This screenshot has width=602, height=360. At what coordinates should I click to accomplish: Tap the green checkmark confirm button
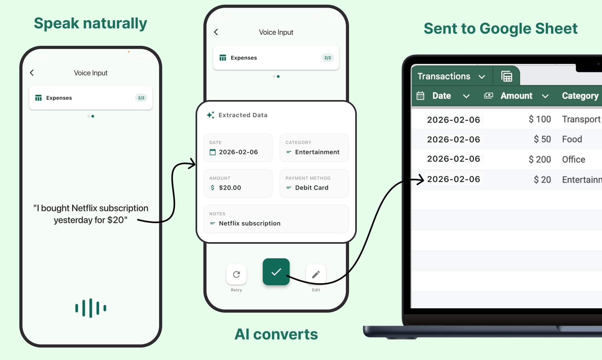[276, 272]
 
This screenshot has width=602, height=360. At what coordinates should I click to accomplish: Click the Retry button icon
[236, 274]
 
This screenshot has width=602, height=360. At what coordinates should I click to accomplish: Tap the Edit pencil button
[316, 274]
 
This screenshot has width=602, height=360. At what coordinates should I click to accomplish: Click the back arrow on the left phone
[32, 73]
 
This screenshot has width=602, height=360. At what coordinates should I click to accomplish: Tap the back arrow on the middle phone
[216, 32]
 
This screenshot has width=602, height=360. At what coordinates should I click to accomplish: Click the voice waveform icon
[91, 308]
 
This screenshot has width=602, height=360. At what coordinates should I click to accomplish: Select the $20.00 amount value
[230, 188]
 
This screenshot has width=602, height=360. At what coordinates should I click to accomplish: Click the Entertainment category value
[317, 152]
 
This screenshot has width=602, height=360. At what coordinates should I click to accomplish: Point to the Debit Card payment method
[311, 188]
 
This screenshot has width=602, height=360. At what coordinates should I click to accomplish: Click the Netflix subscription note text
[250, 223]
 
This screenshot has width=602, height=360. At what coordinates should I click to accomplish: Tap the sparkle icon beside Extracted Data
[211, 115]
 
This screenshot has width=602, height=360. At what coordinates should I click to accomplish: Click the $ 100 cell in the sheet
[540, 119]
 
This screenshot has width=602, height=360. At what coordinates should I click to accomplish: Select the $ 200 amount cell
[540, 159]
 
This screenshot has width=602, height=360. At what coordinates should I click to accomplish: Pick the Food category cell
[572, 139]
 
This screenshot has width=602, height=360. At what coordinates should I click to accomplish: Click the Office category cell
[573, 159]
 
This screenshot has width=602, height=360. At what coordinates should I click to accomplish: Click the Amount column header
[516, 96]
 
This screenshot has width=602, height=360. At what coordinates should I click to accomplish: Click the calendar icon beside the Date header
[420, 96]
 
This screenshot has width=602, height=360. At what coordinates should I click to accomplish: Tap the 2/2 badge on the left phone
[141, 98]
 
